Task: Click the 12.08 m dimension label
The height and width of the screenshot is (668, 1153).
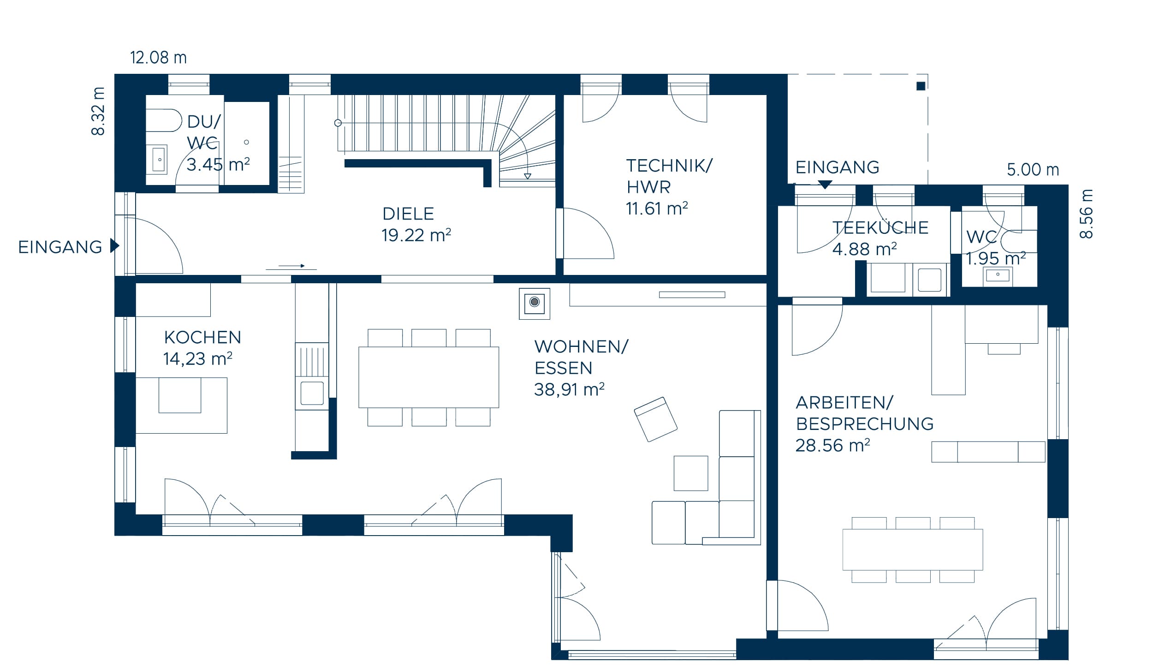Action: tap(158, 58)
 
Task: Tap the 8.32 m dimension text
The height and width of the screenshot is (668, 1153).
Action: tap(99, 111)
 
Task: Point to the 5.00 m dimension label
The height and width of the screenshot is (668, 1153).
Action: tap(1033, 170)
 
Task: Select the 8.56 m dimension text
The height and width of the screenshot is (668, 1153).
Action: tap(1086, 214)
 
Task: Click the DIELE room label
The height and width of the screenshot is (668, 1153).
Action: tap(408, 214)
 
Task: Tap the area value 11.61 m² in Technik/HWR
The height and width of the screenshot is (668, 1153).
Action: tap(657, 209)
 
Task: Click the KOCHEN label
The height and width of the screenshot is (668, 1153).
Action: tap(202, 338)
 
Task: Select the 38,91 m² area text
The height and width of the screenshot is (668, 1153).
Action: tap(569, 390)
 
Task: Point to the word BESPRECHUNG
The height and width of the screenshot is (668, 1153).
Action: tap(865, 424)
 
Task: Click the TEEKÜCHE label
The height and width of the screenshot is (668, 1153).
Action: tap(880, 228)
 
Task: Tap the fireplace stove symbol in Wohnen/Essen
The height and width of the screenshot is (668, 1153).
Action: tap(535, 304)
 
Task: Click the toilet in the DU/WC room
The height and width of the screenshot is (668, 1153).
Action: tap(164, 120)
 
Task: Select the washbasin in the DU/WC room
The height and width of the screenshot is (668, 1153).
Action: tap(159, 160)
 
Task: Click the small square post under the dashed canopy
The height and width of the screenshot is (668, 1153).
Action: tap(921, 86)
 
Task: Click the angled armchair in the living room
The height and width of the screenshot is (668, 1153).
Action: tap(655, 419)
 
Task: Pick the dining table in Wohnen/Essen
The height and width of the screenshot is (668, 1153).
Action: tap(428, 377)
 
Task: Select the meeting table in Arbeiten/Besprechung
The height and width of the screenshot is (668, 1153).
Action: tap(912, 549)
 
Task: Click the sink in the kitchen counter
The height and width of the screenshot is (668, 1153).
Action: tap(312, 393)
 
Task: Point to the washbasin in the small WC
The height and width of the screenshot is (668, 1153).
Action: tap(997, 275)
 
